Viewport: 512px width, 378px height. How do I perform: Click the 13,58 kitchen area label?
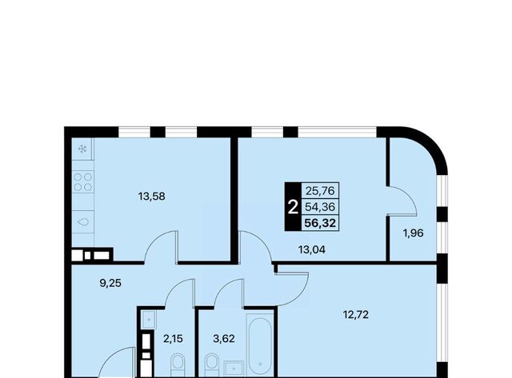click(151, 197)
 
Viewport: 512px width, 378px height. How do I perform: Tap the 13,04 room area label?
click(312, 250)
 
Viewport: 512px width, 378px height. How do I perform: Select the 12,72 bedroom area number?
click(355, 315)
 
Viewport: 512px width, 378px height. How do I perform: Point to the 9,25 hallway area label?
click(110, 283)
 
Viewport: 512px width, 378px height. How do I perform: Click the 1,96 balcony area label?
click(414, 233)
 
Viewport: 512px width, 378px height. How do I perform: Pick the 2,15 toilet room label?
click(173, 339)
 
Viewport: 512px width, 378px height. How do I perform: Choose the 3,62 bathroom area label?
click(224, 339)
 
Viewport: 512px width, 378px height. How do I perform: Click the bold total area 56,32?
click(320, 223)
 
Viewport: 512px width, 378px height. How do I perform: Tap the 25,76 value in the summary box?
click(320, 190)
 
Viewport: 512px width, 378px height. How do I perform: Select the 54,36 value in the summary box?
click(320, 207)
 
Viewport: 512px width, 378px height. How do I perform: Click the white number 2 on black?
click(293, 207)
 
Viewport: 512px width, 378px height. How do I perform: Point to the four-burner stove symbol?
click(83, 181)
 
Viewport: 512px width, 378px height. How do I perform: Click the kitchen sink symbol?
click(83, 222)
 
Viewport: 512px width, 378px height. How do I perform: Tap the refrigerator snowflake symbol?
click(82, 149)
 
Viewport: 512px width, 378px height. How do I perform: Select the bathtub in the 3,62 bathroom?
click(260, 346)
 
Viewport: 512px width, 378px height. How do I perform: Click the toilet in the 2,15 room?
click(178, 366)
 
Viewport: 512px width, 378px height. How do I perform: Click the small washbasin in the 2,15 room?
click(149, 320)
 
